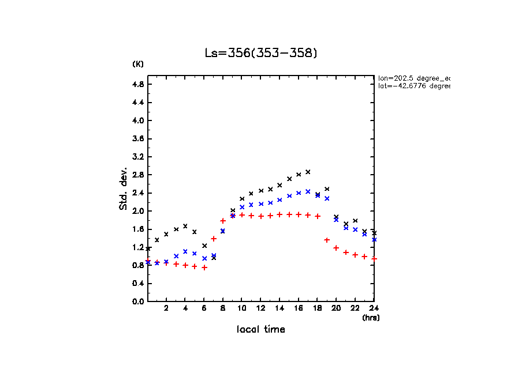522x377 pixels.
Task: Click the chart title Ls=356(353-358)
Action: pos(261,53)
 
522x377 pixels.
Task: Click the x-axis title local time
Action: pos(261,329)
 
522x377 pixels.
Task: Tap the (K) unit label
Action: pos(138,64)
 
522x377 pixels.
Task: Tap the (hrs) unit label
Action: pos(370,318)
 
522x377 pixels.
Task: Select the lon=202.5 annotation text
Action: pos(413,78)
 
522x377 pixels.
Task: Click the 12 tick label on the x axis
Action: pos(260,308)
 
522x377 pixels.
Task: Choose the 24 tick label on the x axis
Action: pos(374,308)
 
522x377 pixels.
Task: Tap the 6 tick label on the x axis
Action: pos(204,308)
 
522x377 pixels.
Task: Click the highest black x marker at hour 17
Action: pos(308,172)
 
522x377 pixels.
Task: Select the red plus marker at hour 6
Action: pos(204,267)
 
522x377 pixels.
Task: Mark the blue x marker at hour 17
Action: pos(308,191)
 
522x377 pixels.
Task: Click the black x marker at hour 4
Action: pos(185,226)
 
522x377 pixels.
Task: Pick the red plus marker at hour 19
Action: pos(327,240)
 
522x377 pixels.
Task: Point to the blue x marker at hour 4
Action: pos(185,251)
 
